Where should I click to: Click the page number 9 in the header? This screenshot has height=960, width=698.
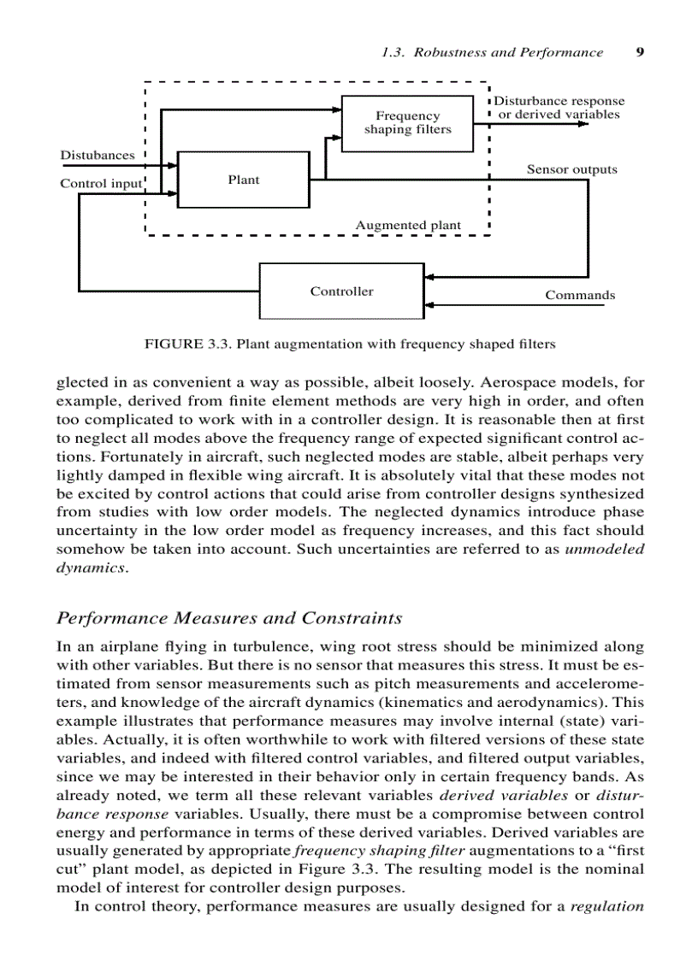point(640,52)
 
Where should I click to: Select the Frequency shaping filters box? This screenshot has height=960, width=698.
point(407,123)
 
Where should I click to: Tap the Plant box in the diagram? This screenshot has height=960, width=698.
point(243,180)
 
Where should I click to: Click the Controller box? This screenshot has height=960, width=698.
point(341,292)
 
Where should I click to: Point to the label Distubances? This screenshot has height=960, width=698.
point(97,156)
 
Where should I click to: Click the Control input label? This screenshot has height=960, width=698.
point(101,184)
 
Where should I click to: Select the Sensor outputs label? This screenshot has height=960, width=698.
point(571,169)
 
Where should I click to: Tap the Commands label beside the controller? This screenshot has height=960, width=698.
point(580,296)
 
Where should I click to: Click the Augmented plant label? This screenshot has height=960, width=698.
point(408,226)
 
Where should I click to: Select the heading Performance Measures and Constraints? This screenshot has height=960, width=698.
point(228,617)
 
